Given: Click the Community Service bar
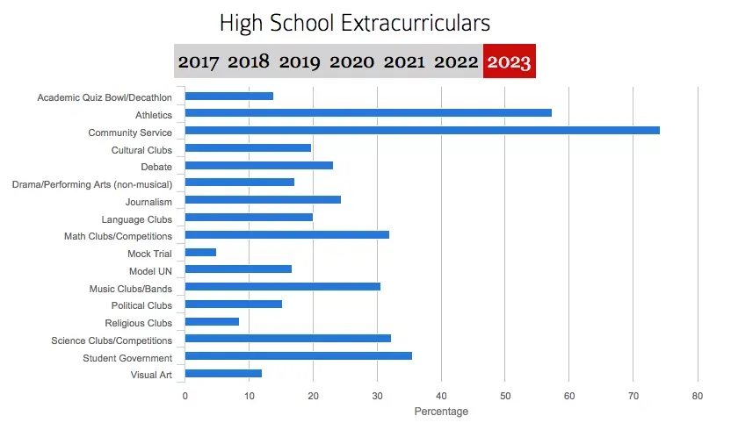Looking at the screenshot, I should (x=422, y=131).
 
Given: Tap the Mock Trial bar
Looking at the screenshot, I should (x=200, y=253).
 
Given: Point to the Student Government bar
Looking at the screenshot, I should (x=298, y=356).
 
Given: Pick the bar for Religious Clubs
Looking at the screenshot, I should (x=212, y=322).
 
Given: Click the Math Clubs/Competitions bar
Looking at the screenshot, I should (x=286, y=235).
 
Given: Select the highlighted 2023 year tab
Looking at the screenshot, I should (x=510, y=62).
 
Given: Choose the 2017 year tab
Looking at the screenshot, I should (x=199, y=62).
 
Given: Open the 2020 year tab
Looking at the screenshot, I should (x=351, y=62).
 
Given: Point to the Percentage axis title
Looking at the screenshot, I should (x=441, y=412).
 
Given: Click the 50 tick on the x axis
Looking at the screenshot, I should (x=505, y=396).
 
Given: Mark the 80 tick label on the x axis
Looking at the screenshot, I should (x=697, y=396).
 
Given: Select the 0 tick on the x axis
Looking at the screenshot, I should (x=185, y=396).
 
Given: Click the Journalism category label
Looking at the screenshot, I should (x=148, y=202).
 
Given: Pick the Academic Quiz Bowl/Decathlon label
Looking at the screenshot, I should (x=105, y=97).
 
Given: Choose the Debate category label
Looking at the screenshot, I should (x=156, y=167).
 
